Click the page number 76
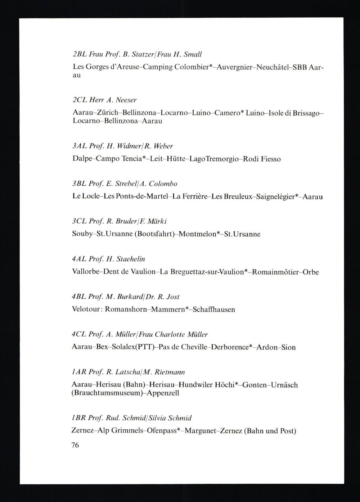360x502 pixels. click(75, 445)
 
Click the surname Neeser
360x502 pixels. click(126, 100)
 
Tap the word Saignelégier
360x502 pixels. click(276, 196)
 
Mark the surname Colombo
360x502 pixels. click(163, 184)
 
